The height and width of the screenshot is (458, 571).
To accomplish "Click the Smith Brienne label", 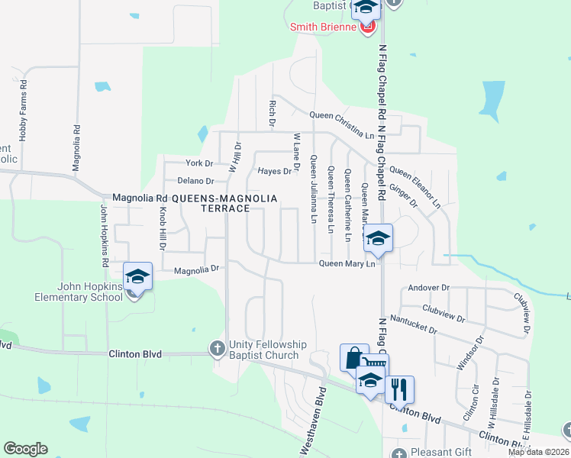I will click(x=324, y=27).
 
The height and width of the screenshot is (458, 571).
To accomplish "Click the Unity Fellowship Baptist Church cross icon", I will click(x=217, y=349).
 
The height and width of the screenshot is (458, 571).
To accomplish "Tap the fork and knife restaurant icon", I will click(x=399, y=389).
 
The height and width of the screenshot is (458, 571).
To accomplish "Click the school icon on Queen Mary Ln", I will click(x=378, y=238).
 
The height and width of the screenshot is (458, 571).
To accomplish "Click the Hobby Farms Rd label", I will click(x=23, y=110).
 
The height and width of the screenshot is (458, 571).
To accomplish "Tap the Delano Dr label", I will click(x=197, y=181).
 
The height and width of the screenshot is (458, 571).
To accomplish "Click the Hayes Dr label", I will click(x=275, y=171).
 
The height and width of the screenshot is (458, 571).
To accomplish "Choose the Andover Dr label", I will click(x=429, y=288).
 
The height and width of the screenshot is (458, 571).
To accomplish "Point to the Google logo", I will click(x=25, y=449).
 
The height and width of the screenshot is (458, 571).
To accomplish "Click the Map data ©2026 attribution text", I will click(x=537, y=452).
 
